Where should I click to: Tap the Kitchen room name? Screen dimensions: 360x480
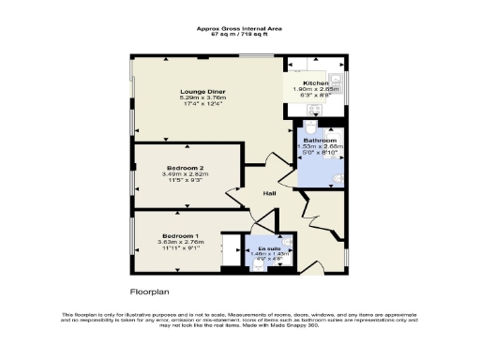point(316,83)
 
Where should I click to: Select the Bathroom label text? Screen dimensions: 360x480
point(322,141)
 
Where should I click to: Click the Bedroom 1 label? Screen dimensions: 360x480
point(180,235)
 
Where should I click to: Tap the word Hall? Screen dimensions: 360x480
point(268,194)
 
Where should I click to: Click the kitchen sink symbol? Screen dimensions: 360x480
point(337,80)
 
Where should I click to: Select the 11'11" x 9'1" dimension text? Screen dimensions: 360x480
point(180,248)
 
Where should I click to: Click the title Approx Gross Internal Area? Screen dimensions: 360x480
point(239,28)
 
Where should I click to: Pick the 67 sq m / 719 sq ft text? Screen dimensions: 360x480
point(239,35)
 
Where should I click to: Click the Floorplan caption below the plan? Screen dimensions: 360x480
point(149,292)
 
